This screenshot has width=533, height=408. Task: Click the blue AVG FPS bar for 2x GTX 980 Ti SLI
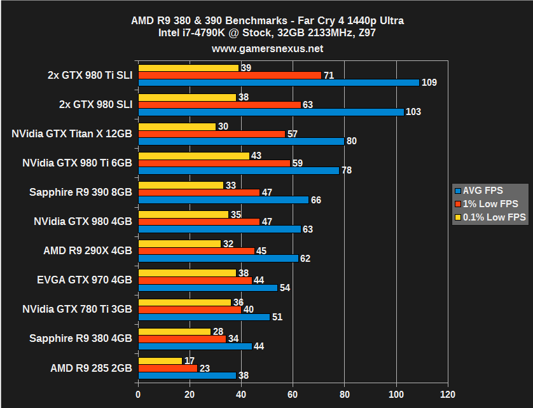[x=279, y=83]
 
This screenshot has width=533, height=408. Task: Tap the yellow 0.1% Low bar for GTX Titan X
[x=177, y=126]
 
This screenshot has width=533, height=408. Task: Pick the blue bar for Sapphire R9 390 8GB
[x=223, y=200]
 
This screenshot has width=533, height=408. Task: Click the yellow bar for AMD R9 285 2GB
[x=160, y=361]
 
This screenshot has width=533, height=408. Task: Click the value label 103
[x=413, y=112]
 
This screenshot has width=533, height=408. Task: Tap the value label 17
[x=190, y=361]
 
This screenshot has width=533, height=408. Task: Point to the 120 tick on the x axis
[x=448, y=394]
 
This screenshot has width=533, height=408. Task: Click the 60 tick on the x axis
[x=293, y=394]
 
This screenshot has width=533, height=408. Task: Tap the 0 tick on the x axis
[x=138, y=394]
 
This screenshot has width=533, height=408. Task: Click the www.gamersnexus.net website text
[x=267, y=48]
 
